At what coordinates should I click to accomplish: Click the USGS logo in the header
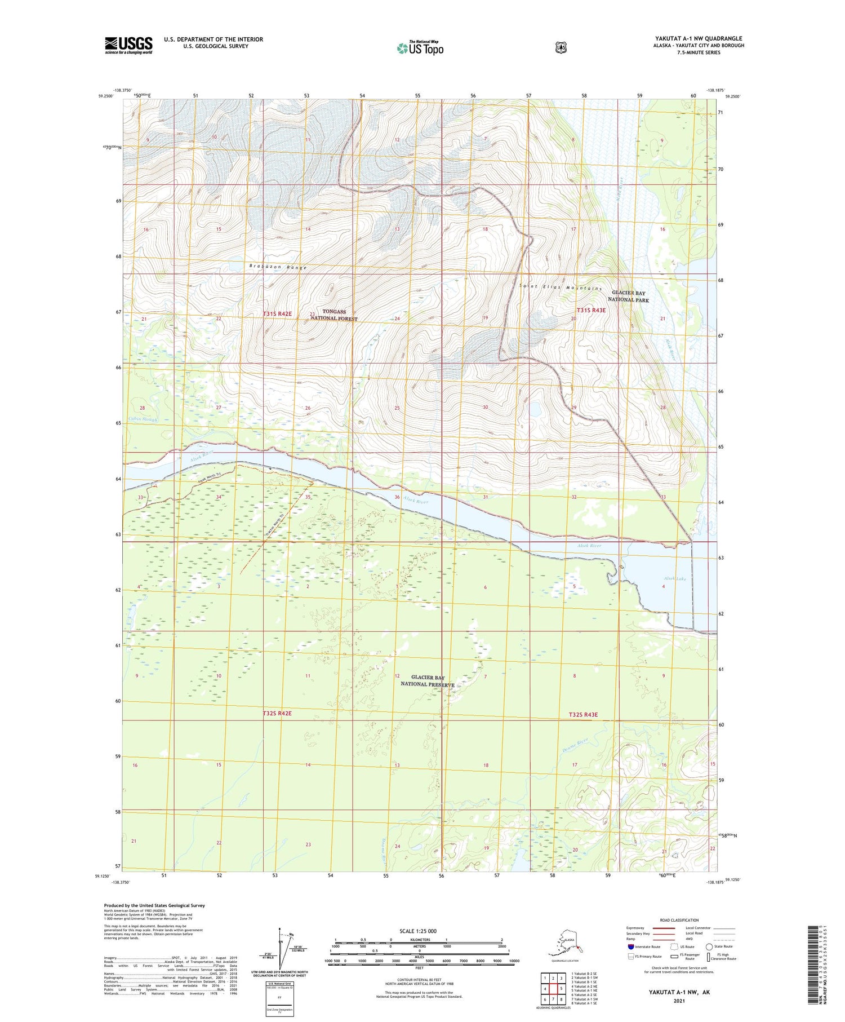128,45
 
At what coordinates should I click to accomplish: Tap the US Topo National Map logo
420,48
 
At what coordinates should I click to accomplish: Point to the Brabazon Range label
278,267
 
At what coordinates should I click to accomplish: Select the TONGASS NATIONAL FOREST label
334,315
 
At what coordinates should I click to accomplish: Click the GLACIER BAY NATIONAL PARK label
629,297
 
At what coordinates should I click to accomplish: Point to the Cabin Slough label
143,419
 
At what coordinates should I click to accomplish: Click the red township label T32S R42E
277,713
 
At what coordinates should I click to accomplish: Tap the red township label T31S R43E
591,310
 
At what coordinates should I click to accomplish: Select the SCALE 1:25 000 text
417,931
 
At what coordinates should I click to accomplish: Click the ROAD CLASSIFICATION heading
674,920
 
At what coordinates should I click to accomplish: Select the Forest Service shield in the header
559,48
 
